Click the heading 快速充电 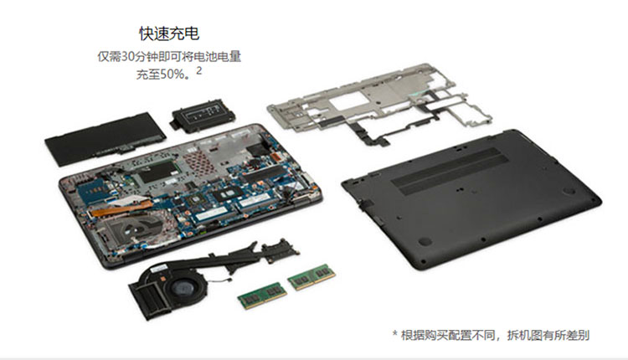coord(169,33)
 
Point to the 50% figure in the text coord(172,75)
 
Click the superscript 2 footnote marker coord(199,71)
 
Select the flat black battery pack coord(105,138)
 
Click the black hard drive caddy coord(203,115)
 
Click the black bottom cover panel coord(471,198)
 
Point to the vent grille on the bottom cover coord(450,171)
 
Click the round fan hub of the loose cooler coord(183,288)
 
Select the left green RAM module coord(262,296)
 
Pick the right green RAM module coord(311,277)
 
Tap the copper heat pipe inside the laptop coord(120,208)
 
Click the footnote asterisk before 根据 coord(395,334)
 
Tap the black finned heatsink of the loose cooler coord(147,298)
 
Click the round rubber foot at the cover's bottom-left coord(425,241)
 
